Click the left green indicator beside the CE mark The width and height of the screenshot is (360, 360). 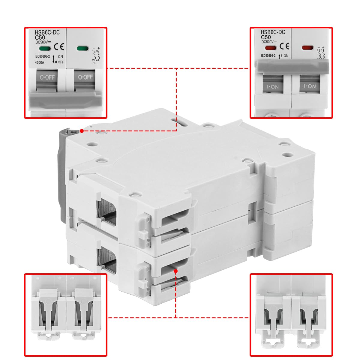point(45,48)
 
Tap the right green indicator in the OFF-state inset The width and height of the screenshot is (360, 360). point(82,48)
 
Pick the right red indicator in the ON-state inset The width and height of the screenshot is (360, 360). point(307,48)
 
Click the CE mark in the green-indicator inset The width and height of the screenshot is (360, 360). point(59,47)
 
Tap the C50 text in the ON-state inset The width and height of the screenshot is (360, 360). point(266,37)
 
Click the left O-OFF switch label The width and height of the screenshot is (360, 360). point(47,77)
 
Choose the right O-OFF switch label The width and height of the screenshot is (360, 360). point(85,77)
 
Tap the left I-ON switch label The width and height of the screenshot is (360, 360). point(272,87)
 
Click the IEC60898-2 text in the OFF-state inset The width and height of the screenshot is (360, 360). point(42,56)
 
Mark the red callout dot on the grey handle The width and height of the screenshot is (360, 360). point(82,131)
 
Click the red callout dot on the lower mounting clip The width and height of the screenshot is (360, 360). point(175,271)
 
